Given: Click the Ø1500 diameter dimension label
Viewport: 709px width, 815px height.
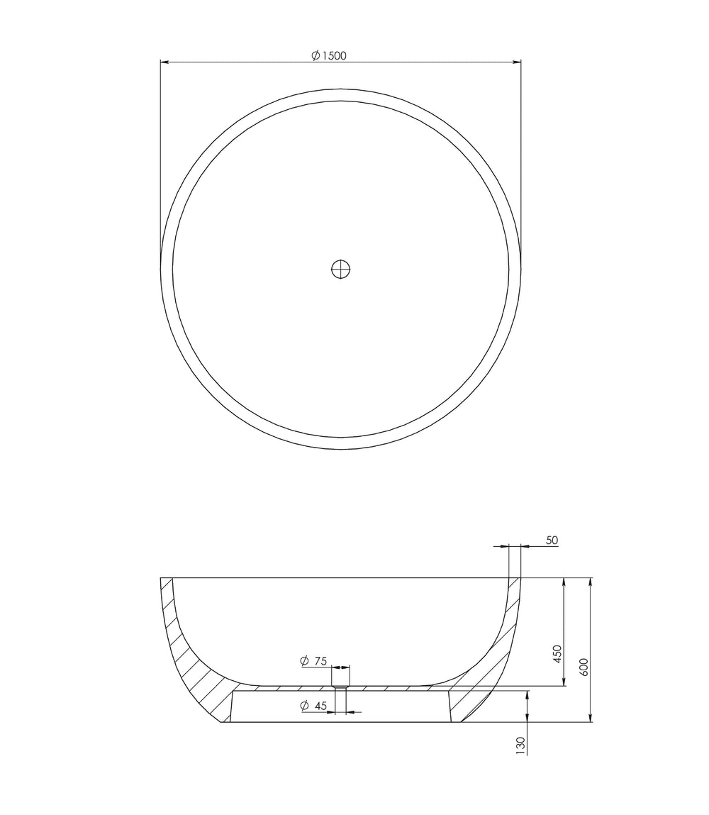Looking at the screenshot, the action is [x=329, y=55].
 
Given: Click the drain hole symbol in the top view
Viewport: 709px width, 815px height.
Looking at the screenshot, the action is [x=341, y=269].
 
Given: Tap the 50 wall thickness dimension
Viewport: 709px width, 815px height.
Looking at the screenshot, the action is [x=552, y=540].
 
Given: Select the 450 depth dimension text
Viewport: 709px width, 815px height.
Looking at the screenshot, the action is [x=557, y=653].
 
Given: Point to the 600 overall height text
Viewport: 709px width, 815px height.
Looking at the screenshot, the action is [x=584, y=667].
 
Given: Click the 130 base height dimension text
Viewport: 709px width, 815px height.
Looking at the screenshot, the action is [x=521, y=745].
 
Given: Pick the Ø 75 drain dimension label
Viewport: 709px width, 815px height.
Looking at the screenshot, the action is [x=313, y=661].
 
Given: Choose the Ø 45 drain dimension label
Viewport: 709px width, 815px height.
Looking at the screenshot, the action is [x=313, y=705].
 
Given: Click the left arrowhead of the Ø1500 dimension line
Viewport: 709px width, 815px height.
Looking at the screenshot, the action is [x=164, y=62].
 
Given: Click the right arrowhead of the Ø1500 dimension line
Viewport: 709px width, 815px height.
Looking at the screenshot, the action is [x=517, y=62].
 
